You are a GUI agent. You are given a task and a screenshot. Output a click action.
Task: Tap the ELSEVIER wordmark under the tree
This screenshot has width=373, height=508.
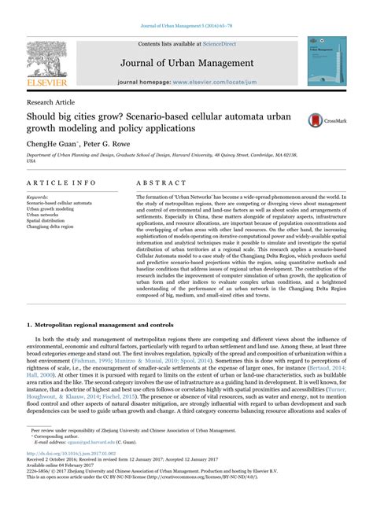46,81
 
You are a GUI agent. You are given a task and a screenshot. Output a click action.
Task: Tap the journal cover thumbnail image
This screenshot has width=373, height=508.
326,61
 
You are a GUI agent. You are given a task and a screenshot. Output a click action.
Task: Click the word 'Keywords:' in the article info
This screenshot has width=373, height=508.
42,197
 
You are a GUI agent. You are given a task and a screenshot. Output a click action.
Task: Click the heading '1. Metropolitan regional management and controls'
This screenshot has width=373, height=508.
102,323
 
